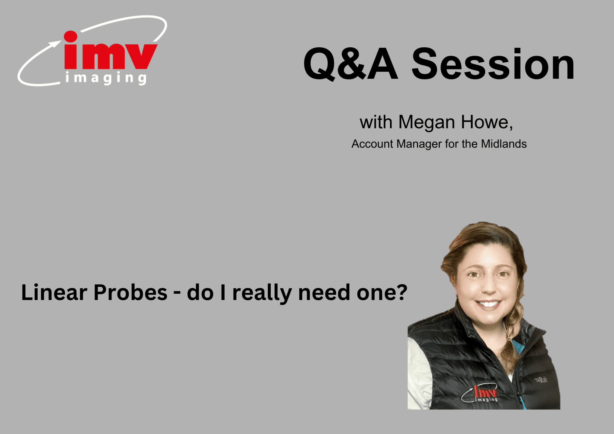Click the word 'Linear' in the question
[x=54, y=293]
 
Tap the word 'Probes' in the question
[x=130, y=293]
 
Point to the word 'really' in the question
[x=262, y=293]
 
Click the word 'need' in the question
[x=324, y=293]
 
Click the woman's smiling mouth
[x=489, y=305]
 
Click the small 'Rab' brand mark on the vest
[x=542, y=380]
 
